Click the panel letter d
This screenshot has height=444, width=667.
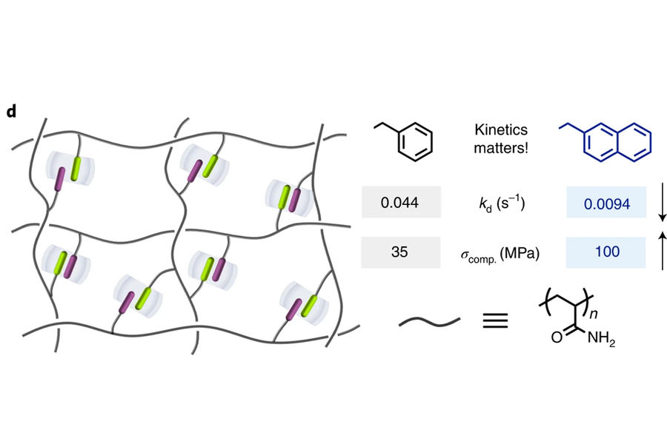pos(11,111)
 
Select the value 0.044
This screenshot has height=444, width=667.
pos(399,202)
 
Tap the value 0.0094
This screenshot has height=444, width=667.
pos(606,204)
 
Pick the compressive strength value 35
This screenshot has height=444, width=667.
pos(399,252)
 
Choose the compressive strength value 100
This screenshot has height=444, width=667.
pos(607,252)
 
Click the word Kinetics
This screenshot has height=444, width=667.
pos(501,129)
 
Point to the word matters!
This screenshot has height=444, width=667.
pos(501,148)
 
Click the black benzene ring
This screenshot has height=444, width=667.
pos(415,141)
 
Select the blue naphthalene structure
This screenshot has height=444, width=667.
pos(605,142)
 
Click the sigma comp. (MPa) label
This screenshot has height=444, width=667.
pos(500,255)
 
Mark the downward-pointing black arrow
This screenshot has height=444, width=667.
pos(662,202)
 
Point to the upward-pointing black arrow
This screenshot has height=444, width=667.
pos(662,251)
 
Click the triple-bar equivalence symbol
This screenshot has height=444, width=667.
pos(495,320)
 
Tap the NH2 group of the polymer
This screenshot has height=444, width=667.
pos(601,339)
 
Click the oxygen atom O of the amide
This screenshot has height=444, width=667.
pos(557,337)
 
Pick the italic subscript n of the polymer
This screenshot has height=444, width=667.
pos(594,314)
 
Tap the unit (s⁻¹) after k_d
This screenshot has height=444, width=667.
pos(511,203)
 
